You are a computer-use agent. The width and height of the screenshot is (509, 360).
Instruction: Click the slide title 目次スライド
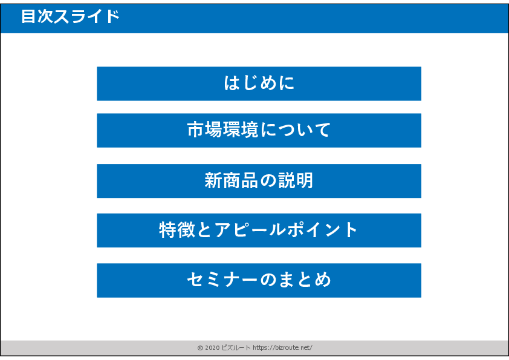click(71, 16)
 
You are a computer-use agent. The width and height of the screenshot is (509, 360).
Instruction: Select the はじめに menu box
click(259, 83)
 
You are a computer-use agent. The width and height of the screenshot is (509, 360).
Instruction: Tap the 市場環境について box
click(259, 130)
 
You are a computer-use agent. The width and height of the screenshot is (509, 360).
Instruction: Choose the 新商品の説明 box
click(259, 181)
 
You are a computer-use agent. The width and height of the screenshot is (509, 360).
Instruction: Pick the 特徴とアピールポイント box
click(259, 231)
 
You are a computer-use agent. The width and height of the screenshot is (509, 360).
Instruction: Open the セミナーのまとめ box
click(259, 280)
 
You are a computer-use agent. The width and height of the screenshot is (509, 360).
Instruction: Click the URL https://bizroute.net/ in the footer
click(282, 348)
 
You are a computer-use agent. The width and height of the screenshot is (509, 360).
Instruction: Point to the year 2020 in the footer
click(212, 348)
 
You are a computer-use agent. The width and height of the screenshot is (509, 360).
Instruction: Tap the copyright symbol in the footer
click(200, 348)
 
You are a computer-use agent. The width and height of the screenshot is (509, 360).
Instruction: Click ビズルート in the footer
click(236, 348)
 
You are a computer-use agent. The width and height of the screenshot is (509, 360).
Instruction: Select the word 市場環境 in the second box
click(222, 129)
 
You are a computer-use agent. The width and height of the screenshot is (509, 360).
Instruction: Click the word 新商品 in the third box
click(231, 180)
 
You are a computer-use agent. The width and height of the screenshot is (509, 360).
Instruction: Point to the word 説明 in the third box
click(296, 180)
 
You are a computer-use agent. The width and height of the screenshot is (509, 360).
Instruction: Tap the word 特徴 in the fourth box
click(177, 230)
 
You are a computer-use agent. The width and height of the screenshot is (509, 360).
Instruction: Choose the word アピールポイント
click(286, 230)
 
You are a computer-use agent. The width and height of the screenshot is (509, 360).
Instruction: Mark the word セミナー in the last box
click(222, 280)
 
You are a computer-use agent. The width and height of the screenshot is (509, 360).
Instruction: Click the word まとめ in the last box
click(305, 280)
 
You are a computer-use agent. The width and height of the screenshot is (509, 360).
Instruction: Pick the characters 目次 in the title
click(37, 16)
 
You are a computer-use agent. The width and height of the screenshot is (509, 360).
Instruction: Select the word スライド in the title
click(86, 16)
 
